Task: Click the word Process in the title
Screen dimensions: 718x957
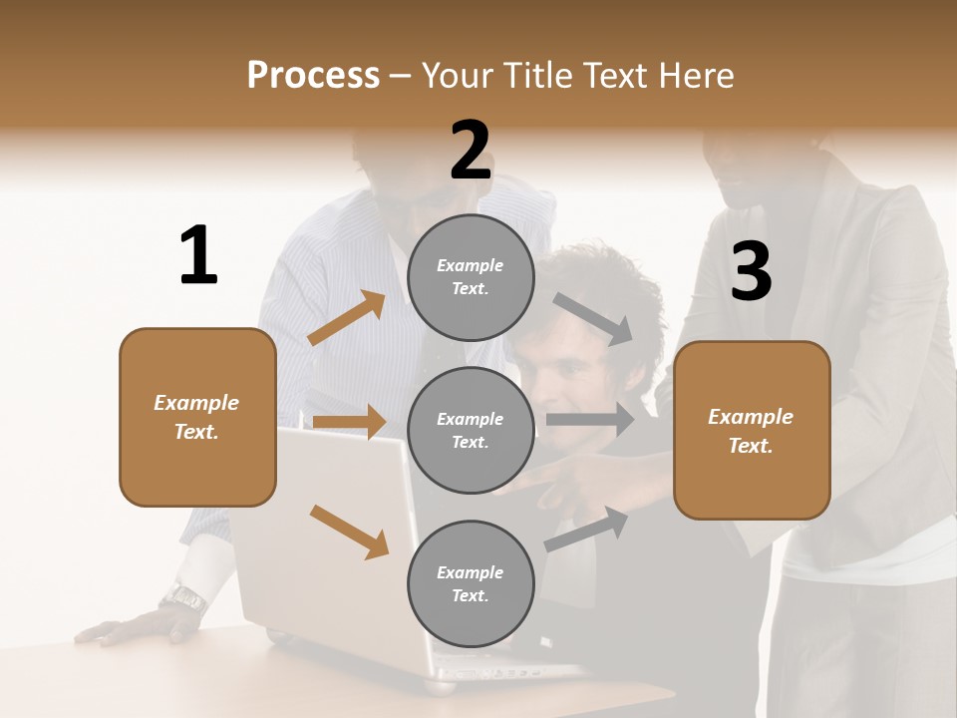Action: point(313,76)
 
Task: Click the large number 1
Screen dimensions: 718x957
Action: point(198,256)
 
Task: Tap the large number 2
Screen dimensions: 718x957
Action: point(471,152)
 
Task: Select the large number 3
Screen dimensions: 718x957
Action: point(751,272)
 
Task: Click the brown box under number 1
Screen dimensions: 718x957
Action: point(197,417)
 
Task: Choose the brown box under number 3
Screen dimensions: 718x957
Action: point(752,431)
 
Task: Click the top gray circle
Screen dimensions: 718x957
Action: point(471,277)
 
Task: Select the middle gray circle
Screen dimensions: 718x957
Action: point(471,430)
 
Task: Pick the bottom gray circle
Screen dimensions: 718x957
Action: point(471,583)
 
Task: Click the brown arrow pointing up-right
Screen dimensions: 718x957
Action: point(347,318)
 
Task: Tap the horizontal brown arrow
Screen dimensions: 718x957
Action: point(349,422)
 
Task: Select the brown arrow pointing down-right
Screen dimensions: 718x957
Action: point(349,531)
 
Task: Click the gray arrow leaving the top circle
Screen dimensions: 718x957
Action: point(594,318)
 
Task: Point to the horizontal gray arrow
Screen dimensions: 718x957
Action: point(590,420)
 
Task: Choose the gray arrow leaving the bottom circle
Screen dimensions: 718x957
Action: point(587,529)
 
